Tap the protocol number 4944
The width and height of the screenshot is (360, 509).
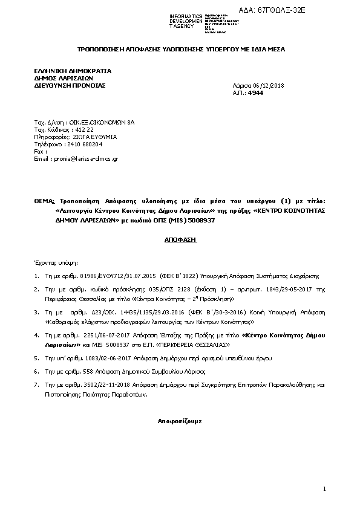click(x=256, y=93)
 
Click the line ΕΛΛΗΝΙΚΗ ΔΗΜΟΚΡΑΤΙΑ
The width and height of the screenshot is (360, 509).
click(x=73, y=71)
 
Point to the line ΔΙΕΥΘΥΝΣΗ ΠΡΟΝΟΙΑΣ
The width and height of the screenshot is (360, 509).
click(x=70, y=86)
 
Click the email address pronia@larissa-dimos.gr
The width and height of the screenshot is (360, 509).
click(x=85, y=158)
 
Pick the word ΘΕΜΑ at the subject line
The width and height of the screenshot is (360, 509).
click(x=44, y=201)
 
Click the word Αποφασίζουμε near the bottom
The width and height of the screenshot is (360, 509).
click(x=180, y=419)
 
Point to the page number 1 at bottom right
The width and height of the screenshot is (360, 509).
click(x=324, y=488)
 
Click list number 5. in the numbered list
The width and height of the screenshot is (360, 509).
click(x=36, y=358)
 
